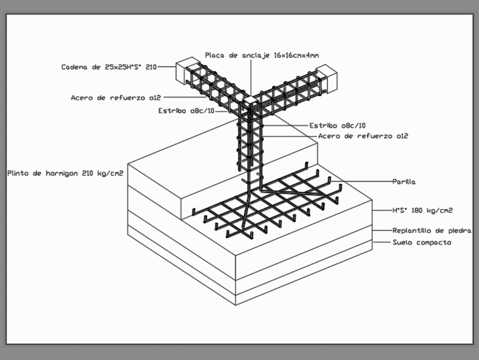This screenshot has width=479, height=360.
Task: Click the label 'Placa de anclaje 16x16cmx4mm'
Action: pos(262,55)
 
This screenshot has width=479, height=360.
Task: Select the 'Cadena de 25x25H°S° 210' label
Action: pos(109,67)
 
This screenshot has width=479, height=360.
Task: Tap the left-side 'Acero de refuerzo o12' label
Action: pos(115,97)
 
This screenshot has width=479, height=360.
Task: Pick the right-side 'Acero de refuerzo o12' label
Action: pos(363,136)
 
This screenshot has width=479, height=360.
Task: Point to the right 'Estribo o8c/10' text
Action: pos(337,126)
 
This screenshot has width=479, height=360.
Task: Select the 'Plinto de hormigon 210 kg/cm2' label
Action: pos(65,173)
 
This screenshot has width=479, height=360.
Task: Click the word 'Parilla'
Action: pos(404,182)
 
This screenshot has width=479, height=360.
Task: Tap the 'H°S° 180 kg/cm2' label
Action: pos(422,210)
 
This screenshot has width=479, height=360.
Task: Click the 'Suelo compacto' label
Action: pos(422,243)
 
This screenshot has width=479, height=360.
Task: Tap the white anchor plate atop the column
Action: pos(251,101)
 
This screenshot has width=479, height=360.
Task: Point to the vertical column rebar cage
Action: pos(250,144)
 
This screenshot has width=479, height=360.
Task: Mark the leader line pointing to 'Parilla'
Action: pos(364,181)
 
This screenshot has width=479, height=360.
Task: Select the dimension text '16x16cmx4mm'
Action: pos(291,55)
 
